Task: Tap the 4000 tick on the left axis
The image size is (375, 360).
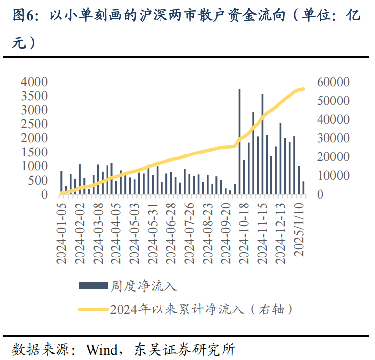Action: tap(34, 82)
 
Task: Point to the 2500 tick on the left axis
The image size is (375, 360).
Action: tap(34, 124)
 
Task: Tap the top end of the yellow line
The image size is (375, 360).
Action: tap(303, 89)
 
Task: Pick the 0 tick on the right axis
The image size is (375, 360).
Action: tap(321, 195)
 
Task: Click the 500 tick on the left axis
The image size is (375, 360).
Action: tap(38, 181)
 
